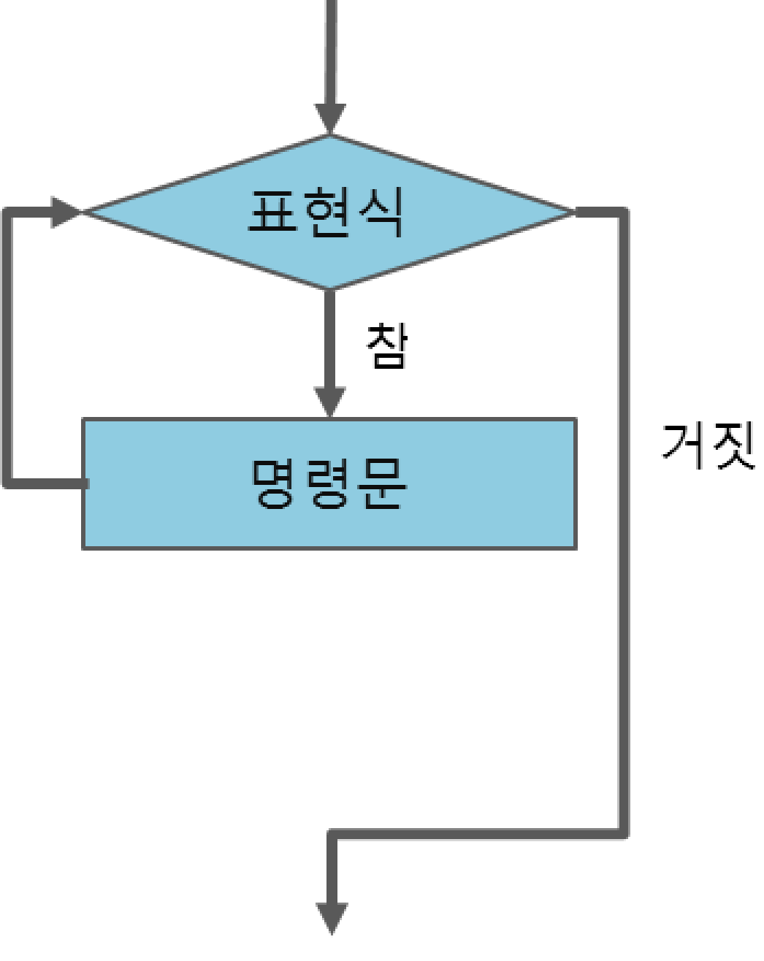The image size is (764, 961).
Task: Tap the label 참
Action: [x=386, y=345]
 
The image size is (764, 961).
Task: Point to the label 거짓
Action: [x=708, y=445]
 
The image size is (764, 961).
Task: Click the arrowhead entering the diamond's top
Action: [x=330, y=119]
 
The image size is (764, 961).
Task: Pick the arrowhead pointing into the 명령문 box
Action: [x=329, y=402]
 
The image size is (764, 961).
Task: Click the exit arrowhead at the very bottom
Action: [x=332, y=918]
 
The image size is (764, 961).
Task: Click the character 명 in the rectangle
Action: [x=275, y=483]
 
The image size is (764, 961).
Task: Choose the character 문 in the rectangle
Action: [x=383, y=483]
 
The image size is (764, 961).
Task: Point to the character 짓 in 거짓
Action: [x=734, y=445]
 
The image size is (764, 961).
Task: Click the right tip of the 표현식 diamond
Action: [x=574, y=212]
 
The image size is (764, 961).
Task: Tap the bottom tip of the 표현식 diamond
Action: [x=330, y=288]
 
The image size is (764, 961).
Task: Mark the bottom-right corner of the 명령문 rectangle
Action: [x=576, y=548]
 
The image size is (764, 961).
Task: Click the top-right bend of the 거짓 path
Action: [x=623, y=213]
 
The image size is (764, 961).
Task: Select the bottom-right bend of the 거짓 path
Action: [x=623, y=833]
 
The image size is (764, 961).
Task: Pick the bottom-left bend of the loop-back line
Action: [x=7, y=483]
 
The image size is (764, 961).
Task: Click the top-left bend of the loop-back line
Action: [x=7, y=212]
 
